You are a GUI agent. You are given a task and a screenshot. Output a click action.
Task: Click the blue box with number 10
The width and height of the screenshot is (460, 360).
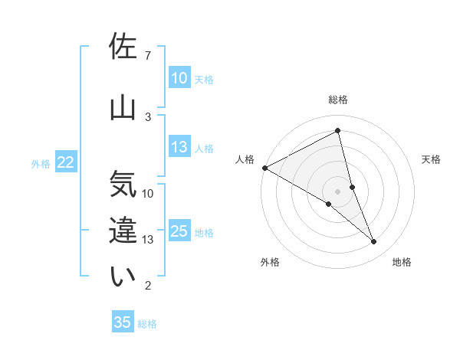coord(179,78)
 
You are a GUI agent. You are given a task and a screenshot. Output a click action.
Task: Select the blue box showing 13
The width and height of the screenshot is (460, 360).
coord(179,147)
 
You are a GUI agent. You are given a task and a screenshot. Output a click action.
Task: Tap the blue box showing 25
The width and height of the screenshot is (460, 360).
coord(179,231)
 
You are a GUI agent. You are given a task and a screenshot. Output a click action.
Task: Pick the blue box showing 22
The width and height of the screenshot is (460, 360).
coord(65,162)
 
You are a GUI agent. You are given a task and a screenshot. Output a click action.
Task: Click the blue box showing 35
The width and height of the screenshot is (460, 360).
coord(123,322)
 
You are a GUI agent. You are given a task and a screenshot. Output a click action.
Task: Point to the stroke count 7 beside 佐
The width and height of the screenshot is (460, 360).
coord(148,56)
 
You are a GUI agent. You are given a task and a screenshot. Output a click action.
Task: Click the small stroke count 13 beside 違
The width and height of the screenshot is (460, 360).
coord(148,240)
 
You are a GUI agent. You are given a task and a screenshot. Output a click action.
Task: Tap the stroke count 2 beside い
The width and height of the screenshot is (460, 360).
coord(148,286)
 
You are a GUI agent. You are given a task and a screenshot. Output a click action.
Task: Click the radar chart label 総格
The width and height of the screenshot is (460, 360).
coord(338,100)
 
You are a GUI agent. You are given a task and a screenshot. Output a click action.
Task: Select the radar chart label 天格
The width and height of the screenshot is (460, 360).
coord(432,159)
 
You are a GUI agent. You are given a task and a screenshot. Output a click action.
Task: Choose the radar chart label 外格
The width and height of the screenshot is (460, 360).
coord(270,262)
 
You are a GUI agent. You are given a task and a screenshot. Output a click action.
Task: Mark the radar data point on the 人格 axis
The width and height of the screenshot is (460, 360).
coord(264,167)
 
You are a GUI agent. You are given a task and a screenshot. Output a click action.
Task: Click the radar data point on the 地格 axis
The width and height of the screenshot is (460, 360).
coord(374,241)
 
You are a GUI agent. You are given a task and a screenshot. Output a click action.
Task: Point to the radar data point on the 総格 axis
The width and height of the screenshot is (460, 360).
coord(338,132)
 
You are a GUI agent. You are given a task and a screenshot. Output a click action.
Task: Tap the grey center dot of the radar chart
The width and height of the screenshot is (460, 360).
coord(338,190)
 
